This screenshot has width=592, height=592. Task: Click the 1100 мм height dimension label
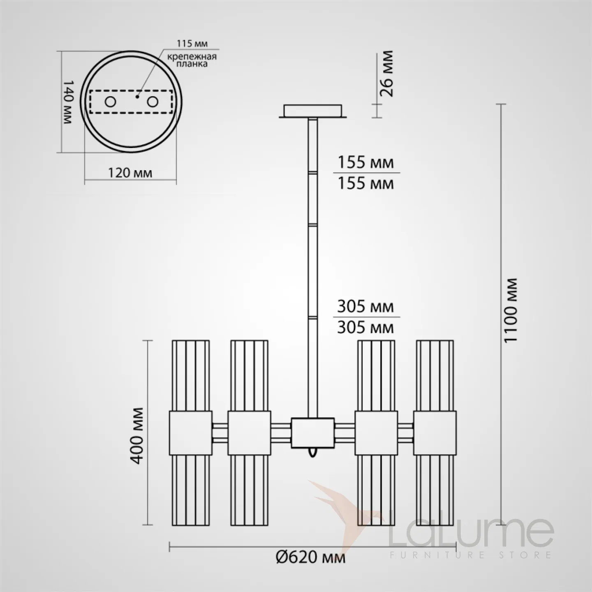click(512, 310)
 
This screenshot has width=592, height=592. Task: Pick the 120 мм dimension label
click(130, 173)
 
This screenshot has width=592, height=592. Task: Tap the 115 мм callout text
click(192, 44)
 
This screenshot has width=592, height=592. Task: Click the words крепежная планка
click(192, 60)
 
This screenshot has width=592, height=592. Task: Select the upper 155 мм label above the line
click(365, 162)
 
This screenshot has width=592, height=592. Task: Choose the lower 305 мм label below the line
click(365, 328)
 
